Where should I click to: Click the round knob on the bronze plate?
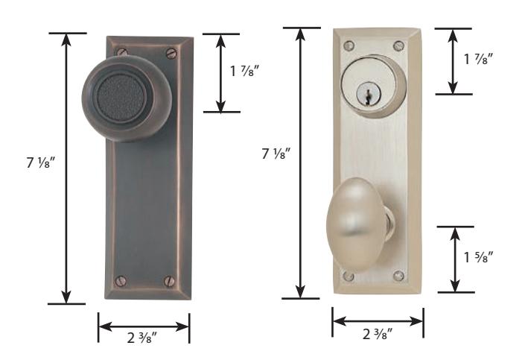(127, 98)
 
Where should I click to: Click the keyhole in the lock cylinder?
(367, 97)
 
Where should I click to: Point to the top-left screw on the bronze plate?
(122, 51)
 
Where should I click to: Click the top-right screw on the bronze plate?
(171, 53)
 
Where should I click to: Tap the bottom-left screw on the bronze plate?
(121, 281)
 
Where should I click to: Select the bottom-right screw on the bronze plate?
(170, 281)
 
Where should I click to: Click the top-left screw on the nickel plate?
(349, 45)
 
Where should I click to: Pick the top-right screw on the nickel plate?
(398, 46)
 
